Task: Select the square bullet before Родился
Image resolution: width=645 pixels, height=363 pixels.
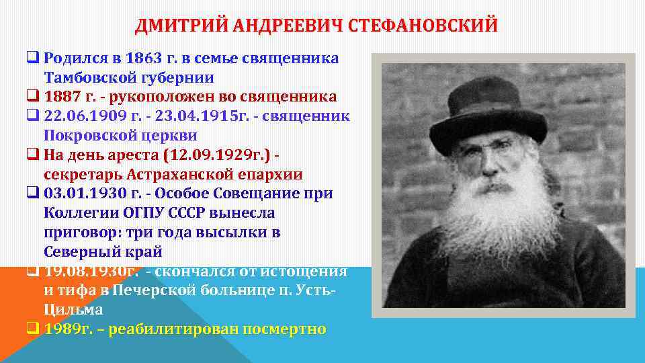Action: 32,58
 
